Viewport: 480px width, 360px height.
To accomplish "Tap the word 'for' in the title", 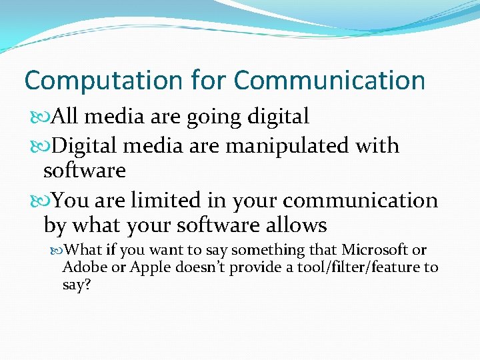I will pyautogui.click(x=209, y=81).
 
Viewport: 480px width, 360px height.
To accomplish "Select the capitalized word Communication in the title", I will pyautogui.click(x=329, y=81).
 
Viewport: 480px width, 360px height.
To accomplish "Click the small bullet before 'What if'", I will pyautogui.click(x=63, y=251).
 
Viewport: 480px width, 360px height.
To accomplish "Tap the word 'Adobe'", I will pyautogui.click(x=80, y=267).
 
